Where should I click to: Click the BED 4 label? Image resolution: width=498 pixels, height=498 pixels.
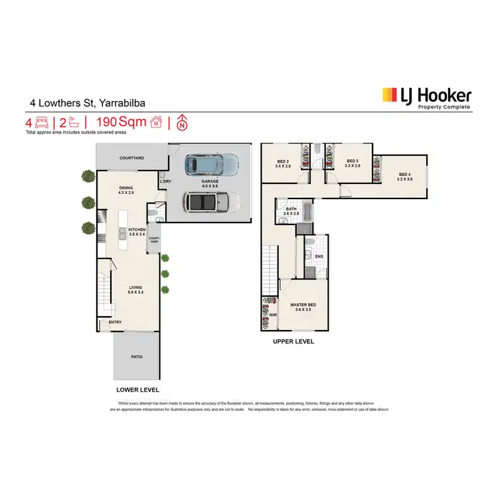[x=405, y=176]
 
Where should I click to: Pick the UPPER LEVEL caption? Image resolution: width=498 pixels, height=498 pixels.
[x=292, y=342]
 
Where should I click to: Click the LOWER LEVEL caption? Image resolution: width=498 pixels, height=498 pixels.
[x=137, y=390]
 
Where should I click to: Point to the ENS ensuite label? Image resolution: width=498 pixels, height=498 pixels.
[x=319, y=256]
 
